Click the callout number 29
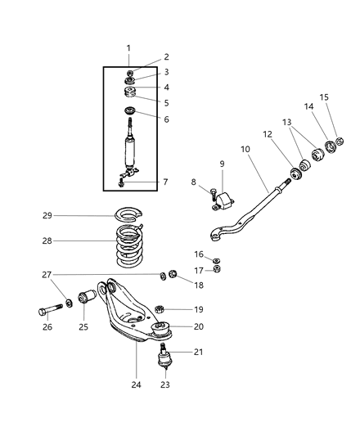[x=47, y=215]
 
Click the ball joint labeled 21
[x=165, y=359]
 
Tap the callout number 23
[x=164, y=384]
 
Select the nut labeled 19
[x=160, y=309]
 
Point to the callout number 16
[x=199, y=254]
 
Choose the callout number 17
[x=199, y=270]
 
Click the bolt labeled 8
[x=213, y=195]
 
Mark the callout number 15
[x=323, y=97]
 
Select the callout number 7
[x=166, y=182]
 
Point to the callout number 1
[x=129, y=48]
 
